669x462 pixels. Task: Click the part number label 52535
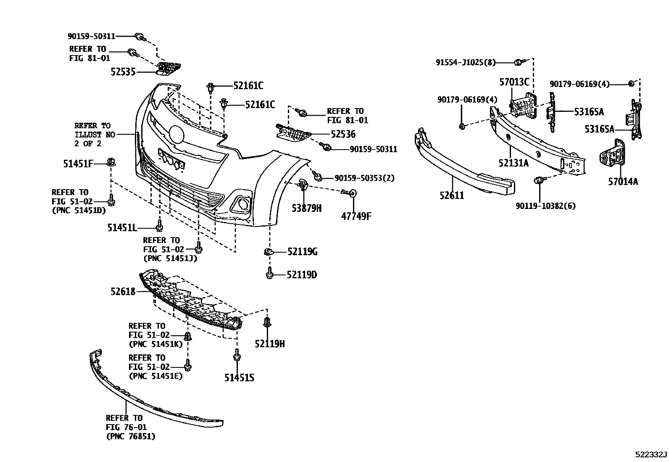[x=123, y=72]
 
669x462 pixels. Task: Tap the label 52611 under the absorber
[x=452, y=195]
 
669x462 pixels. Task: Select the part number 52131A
[x=513, y=163]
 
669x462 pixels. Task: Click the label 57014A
[x=623, y=182]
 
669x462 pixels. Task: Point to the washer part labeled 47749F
[x=353, y=193]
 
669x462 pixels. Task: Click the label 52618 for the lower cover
[x=123, y=291]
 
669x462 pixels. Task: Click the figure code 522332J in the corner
[x=651, y=455]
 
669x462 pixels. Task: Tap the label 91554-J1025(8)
[x=466, y=63]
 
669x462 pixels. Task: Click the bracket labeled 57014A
[x=611, y=158]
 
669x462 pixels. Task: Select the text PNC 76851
[x=131, y=437]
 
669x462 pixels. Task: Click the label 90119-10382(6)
[x=545, y=206]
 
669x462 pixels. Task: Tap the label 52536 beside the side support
[x=343, y=134]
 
